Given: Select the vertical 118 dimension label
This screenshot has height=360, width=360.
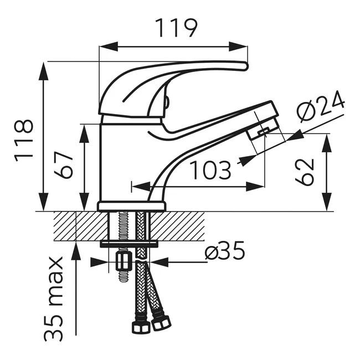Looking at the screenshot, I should (x=24, y=140).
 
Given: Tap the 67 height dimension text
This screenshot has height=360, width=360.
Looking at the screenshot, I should (x=65, y=164).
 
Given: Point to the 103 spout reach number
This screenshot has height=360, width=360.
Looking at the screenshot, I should (x=210, y=171).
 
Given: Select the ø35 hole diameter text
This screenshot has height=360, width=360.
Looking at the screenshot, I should (x=224, y=252).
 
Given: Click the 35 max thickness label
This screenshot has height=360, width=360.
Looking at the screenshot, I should (x=55, y=299).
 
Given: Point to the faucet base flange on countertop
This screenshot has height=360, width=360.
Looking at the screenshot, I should (x=132, y=207).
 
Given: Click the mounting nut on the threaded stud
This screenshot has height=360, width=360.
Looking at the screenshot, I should (x=123, y=260).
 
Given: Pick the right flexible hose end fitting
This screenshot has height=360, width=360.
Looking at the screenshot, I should (x=161, y=321).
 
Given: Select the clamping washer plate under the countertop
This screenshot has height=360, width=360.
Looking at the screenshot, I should (x=129, y=244).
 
